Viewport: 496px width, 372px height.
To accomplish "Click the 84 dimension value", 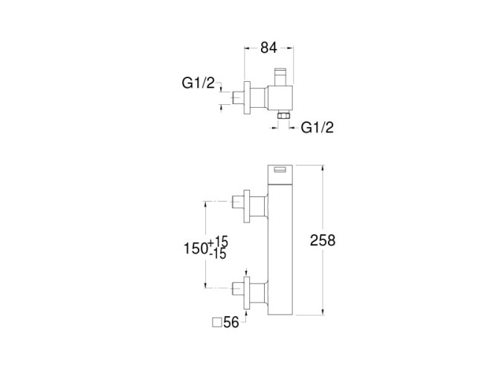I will tap(269, 48).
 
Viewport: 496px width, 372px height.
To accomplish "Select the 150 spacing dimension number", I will tap(197, 248).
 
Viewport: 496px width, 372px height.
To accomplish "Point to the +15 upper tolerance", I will tap(220, 242).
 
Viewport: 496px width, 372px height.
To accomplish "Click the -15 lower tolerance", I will tap(219, 254).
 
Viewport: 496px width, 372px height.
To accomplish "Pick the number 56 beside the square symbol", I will tap(232, 322).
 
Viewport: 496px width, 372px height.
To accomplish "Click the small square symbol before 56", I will tap(217, 322).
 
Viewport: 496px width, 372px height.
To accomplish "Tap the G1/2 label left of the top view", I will tap(198, 83).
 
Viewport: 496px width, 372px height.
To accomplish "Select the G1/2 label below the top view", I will tap(318, 127).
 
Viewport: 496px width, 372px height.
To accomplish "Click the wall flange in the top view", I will tap(248, 97).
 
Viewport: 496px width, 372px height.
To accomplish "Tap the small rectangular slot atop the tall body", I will tap(281, 170).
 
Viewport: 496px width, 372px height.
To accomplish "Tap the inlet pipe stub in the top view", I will tap(239, 97).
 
